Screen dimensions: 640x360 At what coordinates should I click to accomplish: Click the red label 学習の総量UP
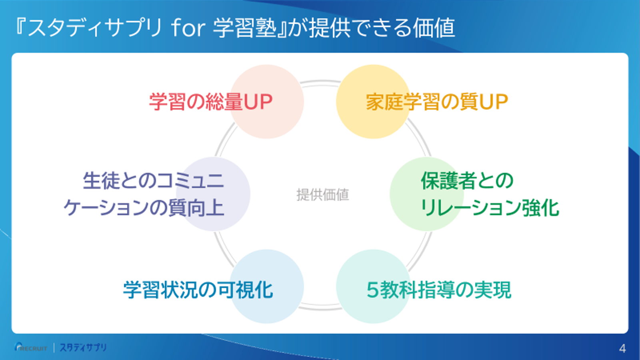coord(211,102)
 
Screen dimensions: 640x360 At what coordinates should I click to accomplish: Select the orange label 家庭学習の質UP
coord(437,102)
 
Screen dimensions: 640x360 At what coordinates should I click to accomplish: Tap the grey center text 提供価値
coord(323,195)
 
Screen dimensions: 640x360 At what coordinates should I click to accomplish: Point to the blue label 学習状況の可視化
coord(198,290)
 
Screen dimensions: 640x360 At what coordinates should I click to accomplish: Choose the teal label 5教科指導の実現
coord(438,290)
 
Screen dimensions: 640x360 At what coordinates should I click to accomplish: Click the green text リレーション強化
coord(490,208)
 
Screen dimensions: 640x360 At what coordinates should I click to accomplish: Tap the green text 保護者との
coord(467,180)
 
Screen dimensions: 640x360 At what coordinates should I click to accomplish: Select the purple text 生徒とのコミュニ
coord(154,180)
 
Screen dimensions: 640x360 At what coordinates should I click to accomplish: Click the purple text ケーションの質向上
coord(144,208)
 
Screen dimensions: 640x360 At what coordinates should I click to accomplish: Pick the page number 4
coord(622,348)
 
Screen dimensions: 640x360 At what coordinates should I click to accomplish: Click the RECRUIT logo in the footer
coord(30,348)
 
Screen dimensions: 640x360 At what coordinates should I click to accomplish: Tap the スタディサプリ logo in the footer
coord(83,348)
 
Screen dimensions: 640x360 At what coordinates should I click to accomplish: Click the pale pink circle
coord(267,102)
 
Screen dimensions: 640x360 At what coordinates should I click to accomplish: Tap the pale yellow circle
coord(373,102)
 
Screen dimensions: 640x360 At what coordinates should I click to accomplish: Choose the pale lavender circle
coord(213,194)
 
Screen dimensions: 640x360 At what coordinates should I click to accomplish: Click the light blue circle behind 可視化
coord(267,286)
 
